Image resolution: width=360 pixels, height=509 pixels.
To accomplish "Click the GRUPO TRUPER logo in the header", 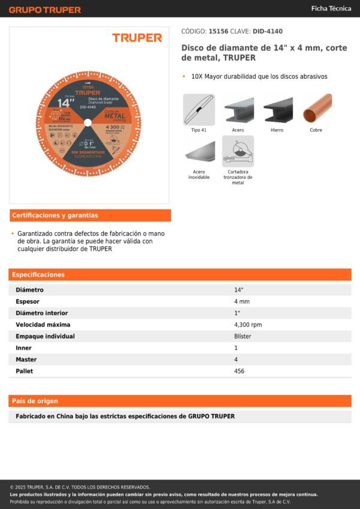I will pos(44,10).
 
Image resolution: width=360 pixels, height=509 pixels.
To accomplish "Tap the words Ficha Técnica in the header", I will pos(331,8).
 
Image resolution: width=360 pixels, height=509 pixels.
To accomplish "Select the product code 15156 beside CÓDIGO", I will pos(218,31).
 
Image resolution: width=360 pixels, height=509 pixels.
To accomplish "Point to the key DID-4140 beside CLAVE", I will pos(268,31).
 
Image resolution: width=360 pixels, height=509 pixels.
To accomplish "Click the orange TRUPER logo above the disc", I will pos(137,38).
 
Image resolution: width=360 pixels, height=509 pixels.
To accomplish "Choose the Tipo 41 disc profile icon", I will pos(199,109).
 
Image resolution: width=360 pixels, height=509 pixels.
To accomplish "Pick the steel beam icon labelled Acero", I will pos(238,109).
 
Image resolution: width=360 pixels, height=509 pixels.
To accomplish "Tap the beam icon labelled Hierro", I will pos(277,109).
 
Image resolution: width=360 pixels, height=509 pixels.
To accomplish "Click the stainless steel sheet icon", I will pos(199,151).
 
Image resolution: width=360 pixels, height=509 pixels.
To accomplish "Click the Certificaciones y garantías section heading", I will pos(55,215).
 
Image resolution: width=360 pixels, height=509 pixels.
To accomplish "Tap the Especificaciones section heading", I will pos(38,274).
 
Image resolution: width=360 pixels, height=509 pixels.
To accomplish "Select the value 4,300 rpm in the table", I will pos(248,325).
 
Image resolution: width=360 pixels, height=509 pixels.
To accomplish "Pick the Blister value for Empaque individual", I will pos(242,336).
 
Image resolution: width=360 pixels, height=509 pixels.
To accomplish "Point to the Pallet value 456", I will pos(239,371).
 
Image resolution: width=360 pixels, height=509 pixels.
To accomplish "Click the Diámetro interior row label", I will pos(41,313).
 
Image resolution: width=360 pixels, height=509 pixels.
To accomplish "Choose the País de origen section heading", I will pos(35,401).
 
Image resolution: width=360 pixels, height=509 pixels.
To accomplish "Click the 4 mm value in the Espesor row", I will pos(242,301).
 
